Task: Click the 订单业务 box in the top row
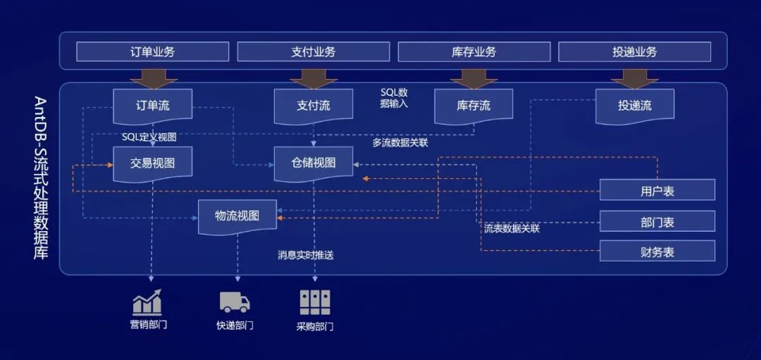[x=152, y=52]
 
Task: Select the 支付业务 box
[x=313, y=52]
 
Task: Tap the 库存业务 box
[x=474, y=52]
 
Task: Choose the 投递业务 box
[x=634, y=52]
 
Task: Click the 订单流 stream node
[x=152, y=106]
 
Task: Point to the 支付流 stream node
[x=313, y=106]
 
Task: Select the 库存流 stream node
[x=473, y=106]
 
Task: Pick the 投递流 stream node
[x=634, y=106]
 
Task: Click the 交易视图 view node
[x=152, y=163]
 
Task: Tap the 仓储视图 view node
[x=313, y=163]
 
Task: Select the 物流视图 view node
[x=237, y=216]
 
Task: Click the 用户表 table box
[x=657, y=190]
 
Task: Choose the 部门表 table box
[x=657, y=222]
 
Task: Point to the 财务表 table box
[x=657, y=252]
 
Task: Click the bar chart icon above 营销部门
[x=147, y=302]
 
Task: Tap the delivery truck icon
[x=235, y=302]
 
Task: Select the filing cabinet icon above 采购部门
[x=314, y=302]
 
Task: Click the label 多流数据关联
[x=400, y=142]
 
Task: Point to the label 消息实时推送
[x=305, y=255]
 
